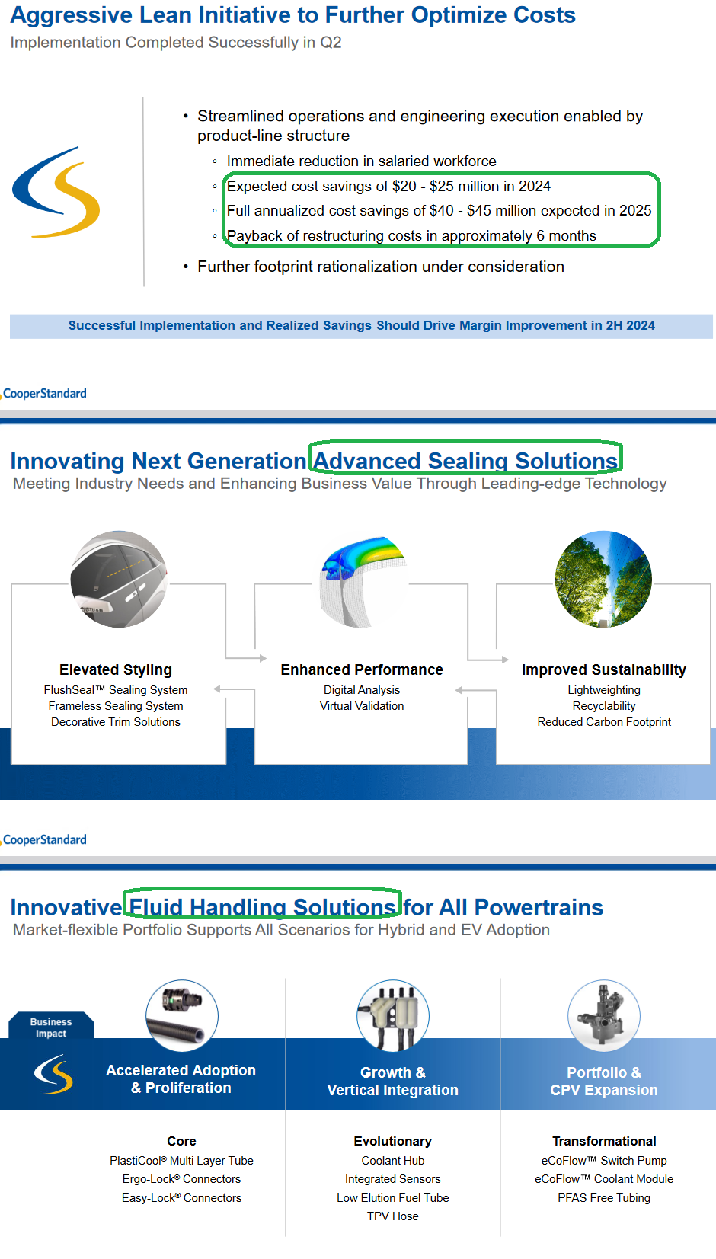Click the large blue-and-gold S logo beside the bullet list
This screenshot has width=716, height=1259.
click(56, 192)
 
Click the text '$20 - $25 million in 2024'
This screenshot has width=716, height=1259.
click(490, 187)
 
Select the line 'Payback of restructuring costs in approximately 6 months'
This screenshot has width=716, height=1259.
click(411, 236)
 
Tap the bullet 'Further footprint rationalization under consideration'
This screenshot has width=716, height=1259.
click(381, 267)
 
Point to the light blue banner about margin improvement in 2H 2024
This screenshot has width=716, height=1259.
click(361, 326)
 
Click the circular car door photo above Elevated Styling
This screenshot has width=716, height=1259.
click(119, 579)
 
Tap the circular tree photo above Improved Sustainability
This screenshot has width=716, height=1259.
click(603, 579)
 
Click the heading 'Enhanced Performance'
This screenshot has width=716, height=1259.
click(362, 670)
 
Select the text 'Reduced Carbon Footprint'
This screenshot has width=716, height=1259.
click(604, 722)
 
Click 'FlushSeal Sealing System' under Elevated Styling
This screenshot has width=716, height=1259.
click(116, 690)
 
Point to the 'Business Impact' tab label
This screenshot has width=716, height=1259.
click(51, 1027)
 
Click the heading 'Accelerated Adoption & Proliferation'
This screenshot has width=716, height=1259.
click(181, 1079)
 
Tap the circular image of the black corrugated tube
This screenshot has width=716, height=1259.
click(182, 1015)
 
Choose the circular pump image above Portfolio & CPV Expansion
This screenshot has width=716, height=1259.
click(604, 1015)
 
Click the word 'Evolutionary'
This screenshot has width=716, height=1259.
click(393, 1142)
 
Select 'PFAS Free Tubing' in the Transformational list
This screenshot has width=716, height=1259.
click(604, 1198)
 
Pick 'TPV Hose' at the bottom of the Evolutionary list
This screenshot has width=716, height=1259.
click(393, 1217)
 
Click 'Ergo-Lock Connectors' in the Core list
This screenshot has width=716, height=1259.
click(181, 1179)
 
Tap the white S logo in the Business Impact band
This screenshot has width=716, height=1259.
click(53, 1074)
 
